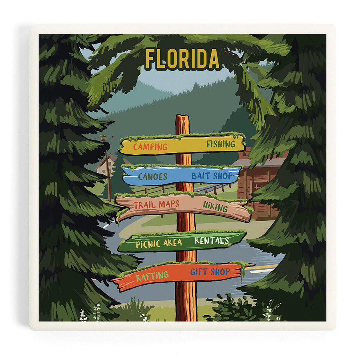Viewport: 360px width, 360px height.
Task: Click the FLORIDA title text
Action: [x=182, y=59]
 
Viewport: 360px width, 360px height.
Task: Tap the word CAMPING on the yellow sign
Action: [x=150, y=147]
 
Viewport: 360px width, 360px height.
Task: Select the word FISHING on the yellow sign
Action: [x=220, y=144]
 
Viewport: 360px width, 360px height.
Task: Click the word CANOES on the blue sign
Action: [x=152, y=176]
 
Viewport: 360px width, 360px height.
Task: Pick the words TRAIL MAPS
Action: [x=156, y=205]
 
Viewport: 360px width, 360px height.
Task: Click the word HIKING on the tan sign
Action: [x=215, y=206]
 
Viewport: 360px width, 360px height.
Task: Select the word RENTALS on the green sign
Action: [x=212, y=241]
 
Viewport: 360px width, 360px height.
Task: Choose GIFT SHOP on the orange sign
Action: [x=210, y=272]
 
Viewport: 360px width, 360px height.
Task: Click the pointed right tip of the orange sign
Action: [x=253, y=264]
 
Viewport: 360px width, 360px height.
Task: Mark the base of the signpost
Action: [x=186, y=318]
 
